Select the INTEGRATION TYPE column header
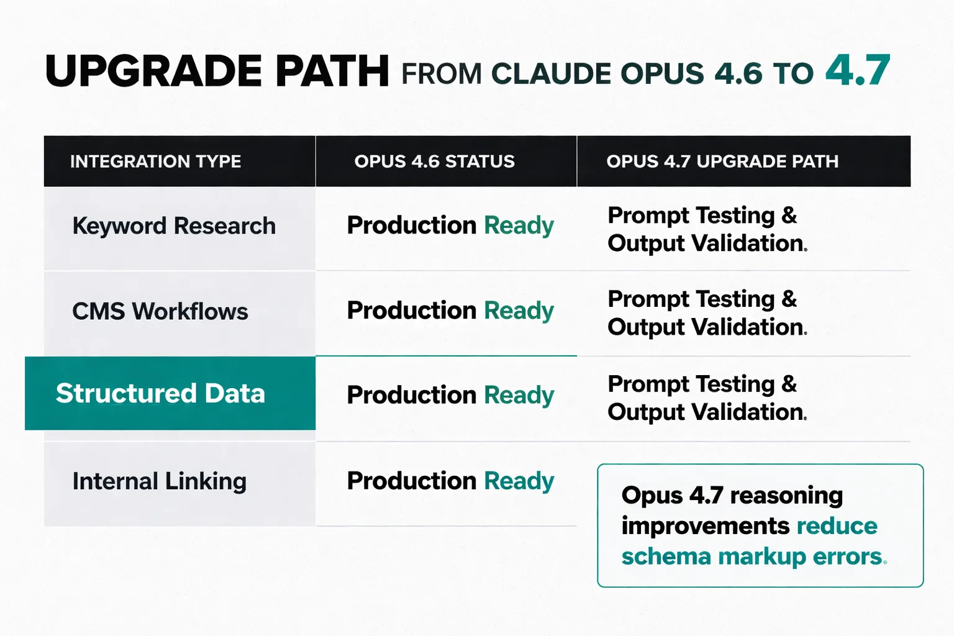(155, 161)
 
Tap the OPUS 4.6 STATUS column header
(434, 161)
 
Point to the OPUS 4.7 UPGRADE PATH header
(722, 161)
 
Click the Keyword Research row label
(174, 226)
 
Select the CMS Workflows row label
(160, 311)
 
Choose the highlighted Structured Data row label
(160, 393)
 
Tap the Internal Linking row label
(160, 481)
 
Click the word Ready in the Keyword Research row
(519, 226)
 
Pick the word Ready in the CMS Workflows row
(519, 311)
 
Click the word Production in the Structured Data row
(411, 395)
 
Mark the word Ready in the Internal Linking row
(519, 481)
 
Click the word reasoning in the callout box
(786, 496)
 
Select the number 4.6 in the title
(738, 74)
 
